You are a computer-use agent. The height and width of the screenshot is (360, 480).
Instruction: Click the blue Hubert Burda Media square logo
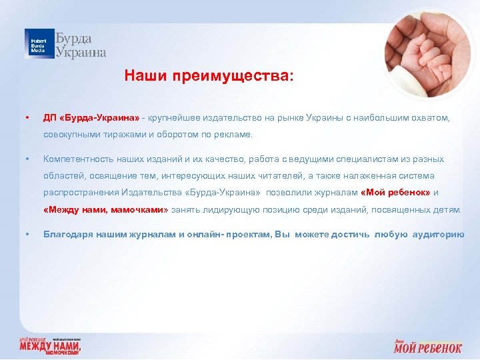pos(39,43)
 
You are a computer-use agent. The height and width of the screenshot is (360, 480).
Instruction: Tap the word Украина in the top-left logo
pos(81,52)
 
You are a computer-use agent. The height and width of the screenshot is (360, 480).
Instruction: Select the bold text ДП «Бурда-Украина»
pos(91,117)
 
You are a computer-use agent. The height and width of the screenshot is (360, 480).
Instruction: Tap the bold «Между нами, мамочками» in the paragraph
pos(106,209)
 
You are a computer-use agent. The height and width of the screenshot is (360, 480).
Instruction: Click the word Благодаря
pos(65,235)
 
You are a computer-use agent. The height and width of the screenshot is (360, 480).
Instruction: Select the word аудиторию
pos(438,235)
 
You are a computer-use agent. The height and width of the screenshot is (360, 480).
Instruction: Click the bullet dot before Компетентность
pos(26,159)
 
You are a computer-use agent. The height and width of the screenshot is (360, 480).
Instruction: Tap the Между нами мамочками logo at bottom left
pos(50,346)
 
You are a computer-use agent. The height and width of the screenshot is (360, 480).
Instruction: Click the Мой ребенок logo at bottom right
pos(427,346)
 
